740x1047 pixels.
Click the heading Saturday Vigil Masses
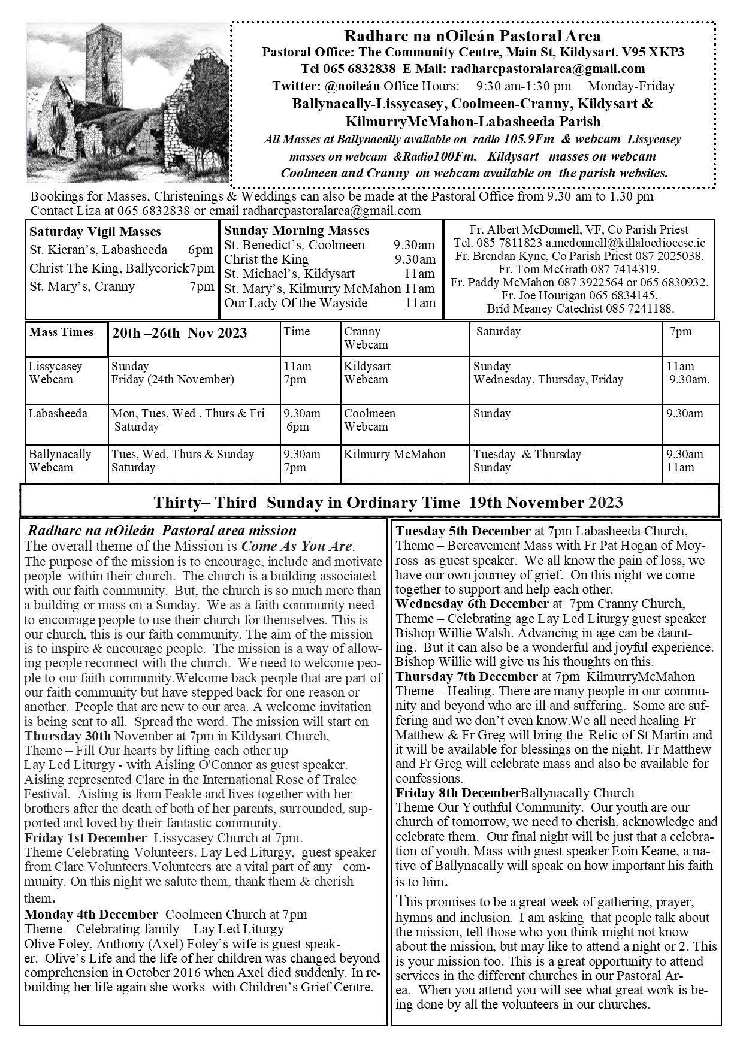(x=95, y=232)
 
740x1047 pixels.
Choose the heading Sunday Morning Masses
(x=297, y=231)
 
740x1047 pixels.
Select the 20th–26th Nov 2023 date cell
(x=179, y=334)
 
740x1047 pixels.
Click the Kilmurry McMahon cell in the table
(x=395, y=455)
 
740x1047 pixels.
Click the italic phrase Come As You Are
(x=297, y=547)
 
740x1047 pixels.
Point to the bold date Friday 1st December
(x=85, y=837)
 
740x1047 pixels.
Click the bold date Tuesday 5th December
(x=463, y=531)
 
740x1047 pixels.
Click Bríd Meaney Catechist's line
(x=580, y=309)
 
